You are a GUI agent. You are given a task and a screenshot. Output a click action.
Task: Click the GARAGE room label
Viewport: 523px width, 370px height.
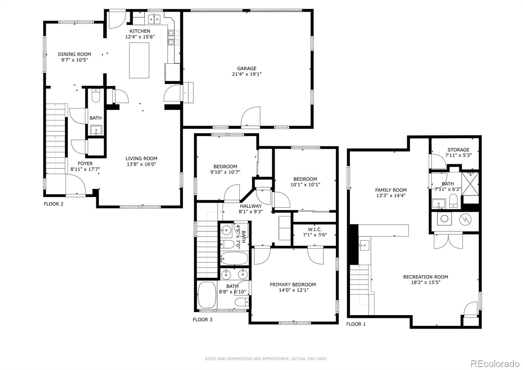(x=246, y=68)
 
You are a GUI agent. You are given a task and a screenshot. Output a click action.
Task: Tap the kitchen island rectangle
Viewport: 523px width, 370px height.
(x=139, y=60)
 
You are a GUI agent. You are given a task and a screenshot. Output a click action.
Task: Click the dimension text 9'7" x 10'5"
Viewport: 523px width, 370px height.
(x=75, y=60)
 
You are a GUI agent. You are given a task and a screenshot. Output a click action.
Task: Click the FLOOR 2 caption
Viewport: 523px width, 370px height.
(x=54, y=204)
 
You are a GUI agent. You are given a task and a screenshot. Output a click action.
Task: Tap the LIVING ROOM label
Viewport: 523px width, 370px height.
(x=142, y=158)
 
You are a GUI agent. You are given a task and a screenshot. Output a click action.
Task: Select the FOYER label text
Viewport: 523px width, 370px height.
(x=85, y=163)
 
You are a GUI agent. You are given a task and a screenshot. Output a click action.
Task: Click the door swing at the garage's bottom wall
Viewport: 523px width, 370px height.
(x=251, y=117)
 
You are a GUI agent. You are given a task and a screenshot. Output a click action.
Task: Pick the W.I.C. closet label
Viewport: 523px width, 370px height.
(x=315, y=229)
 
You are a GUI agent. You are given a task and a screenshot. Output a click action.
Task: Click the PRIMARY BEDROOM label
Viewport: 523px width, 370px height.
(x=293, y=285)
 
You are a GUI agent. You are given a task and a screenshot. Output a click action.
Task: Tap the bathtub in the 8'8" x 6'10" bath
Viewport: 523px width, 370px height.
(x=207, y=295)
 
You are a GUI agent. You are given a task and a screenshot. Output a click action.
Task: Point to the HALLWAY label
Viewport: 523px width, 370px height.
(x=251, y=206)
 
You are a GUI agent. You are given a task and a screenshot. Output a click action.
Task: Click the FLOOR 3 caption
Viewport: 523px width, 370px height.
(x=202, y=320)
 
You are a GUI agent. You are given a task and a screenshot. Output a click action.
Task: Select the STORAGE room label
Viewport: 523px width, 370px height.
(x=458, y=150)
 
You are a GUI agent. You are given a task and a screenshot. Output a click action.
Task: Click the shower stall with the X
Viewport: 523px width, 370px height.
(x=470, y=184)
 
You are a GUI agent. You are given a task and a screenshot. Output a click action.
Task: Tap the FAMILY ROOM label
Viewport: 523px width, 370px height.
(x=391, y=190)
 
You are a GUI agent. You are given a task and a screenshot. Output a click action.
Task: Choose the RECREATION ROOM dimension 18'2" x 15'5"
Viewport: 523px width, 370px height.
(x=425, y=282)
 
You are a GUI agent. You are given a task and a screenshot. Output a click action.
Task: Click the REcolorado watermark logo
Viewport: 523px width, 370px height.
(x=495, y=363)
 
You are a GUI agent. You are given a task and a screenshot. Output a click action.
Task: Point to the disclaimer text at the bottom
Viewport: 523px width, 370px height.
(x=266, y=359)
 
